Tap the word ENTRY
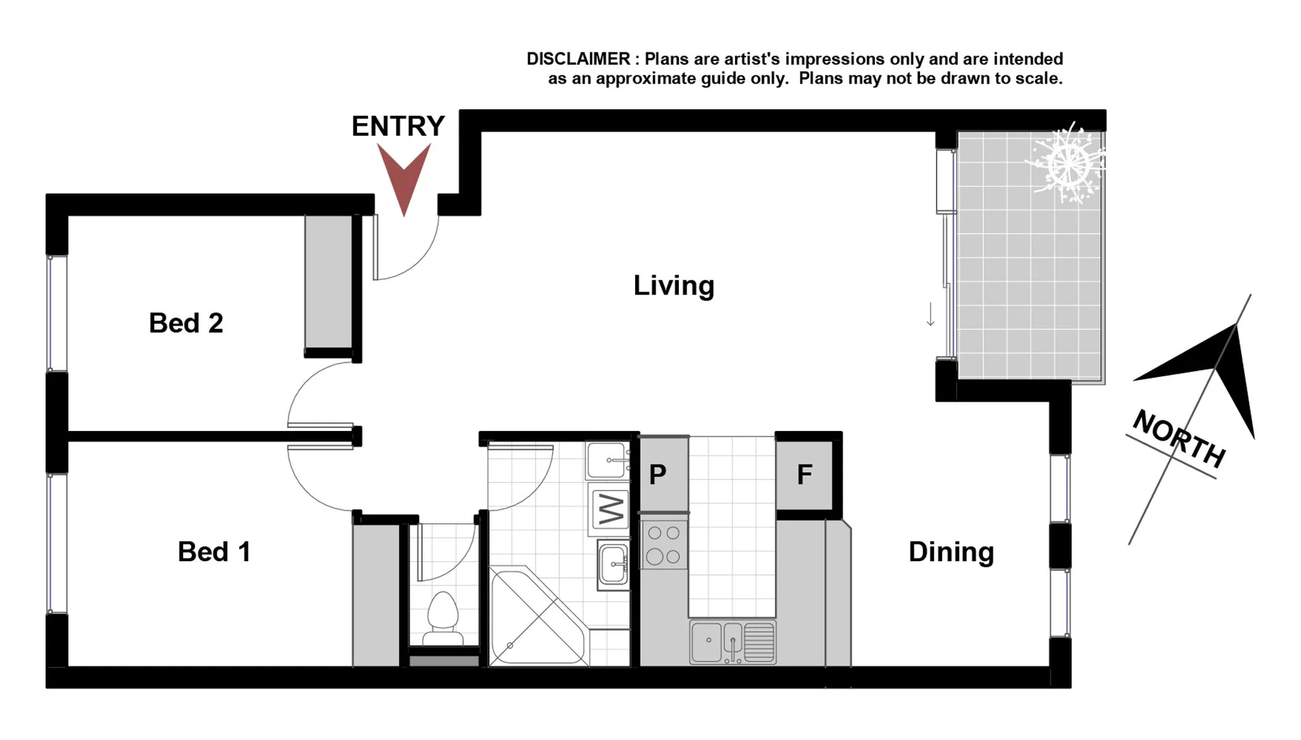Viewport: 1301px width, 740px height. (398, 127)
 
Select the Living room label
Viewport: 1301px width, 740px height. (673, 286)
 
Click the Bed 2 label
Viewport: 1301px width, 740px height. (186, 323)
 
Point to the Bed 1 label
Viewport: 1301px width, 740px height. (214, 552)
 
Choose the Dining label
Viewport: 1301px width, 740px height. (951, 552)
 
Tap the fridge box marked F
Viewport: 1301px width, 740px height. (805, 475)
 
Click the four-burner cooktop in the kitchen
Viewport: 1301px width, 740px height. (664, 545)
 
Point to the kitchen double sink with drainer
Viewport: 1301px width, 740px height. (732, 642)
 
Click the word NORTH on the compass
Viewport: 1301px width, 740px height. (1178, 439)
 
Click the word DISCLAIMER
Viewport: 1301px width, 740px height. (578, 60)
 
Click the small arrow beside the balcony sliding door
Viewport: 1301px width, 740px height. (930, 314)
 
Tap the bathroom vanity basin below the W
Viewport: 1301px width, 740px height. (613, 565)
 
